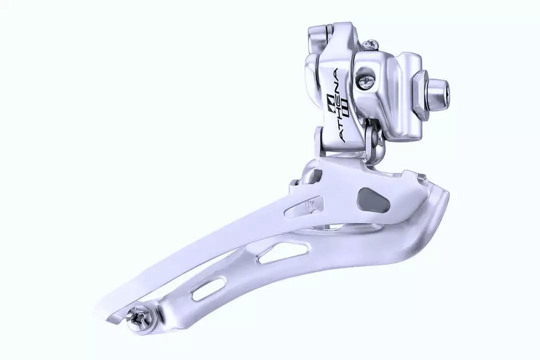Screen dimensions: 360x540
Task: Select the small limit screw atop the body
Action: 370,45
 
